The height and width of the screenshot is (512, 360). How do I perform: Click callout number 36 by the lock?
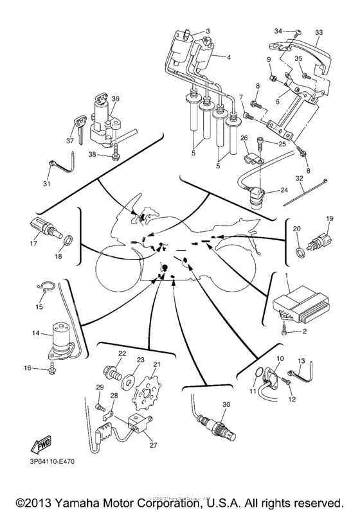click(x=116, y=98)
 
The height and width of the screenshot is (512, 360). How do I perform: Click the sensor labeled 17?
click(x=43, y=227)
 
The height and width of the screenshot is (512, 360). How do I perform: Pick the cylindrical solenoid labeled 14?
click(x=59, y=339)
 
